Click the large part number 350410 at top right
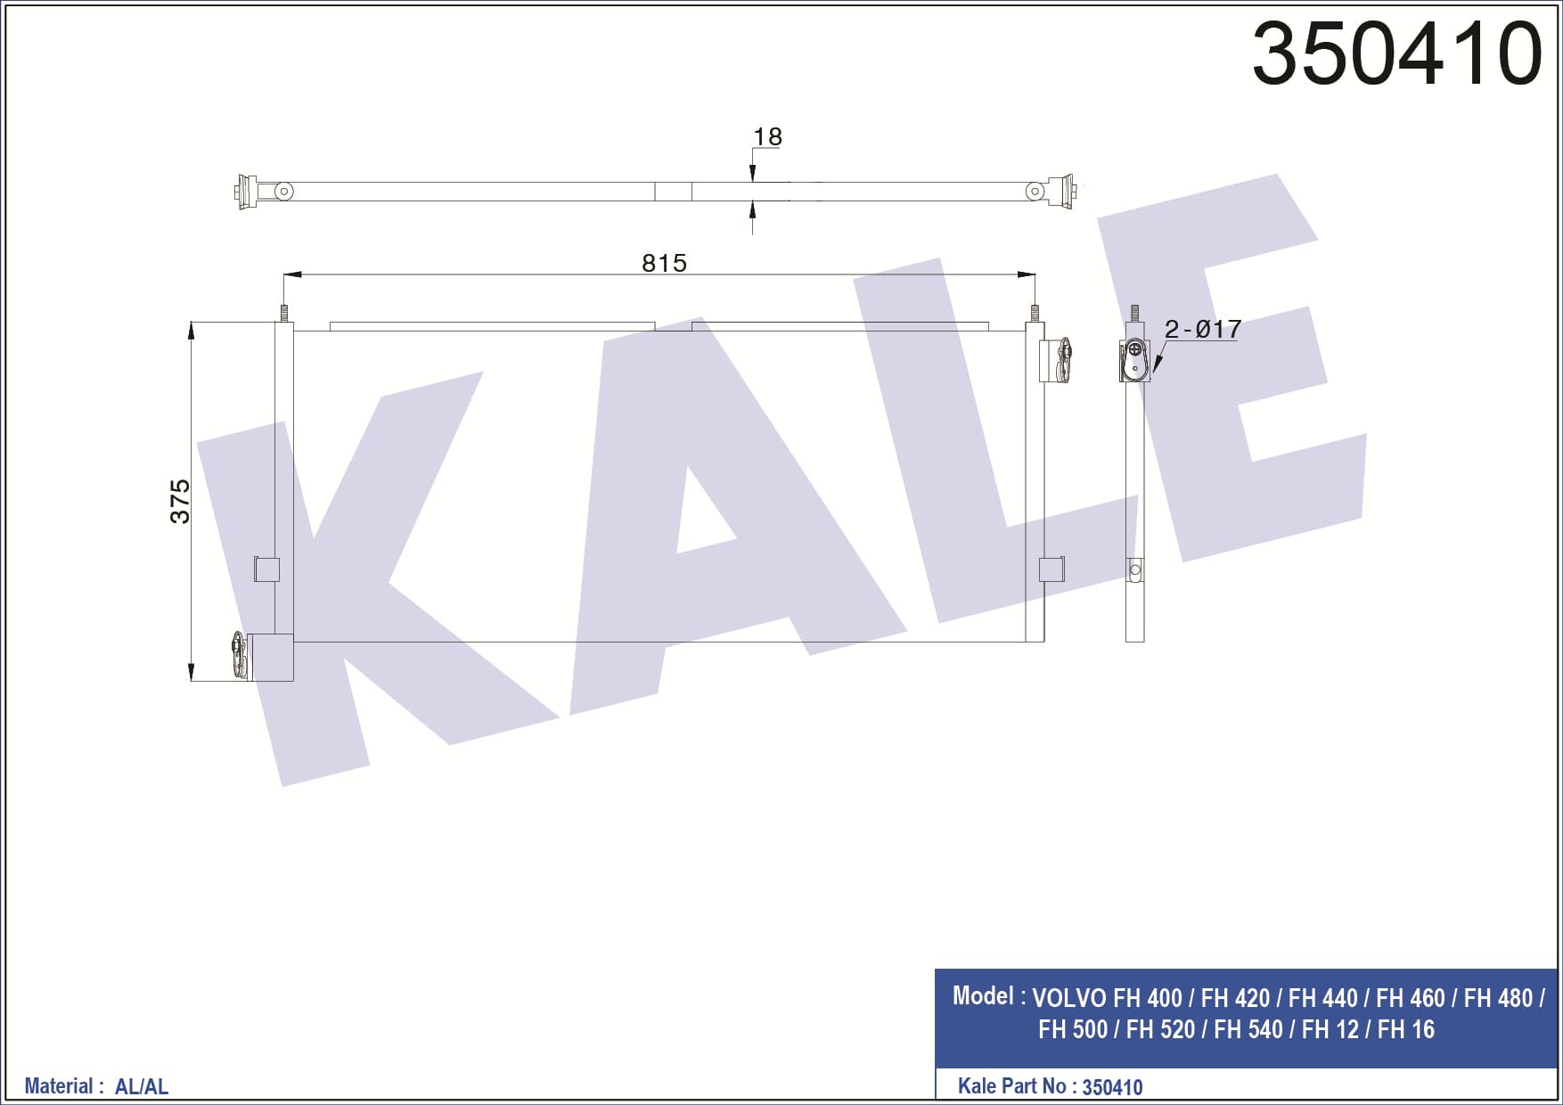coord(1396,53)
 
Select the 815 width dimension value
coord(664,263)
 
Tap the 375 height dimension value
coord(180,501)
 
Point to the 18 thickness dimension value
coord(767,136)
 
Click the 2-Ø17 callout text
coord(1202,329)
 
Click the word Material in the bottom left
coord(59,1085)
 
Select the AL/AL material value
coord(142,1086)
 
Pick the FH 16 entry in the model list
coord(1405,1029)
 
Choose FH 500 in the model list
coord(1072,1029)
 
